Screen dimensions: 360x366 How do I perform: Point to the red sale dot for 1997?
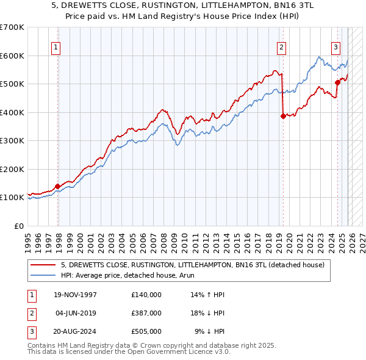(57, 186)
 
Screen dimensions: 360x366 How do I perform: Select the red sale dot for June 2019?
(283, 116)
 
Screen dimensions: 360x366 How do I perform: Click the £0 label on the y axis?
(20, 226)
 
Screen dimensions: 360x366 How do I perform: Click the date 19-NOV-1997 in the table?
(76, 295)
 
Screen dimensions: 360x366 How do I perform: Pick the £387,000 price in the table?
(146, 313)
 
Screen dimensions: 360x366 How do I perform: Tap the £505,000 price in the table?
(146, 331)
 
